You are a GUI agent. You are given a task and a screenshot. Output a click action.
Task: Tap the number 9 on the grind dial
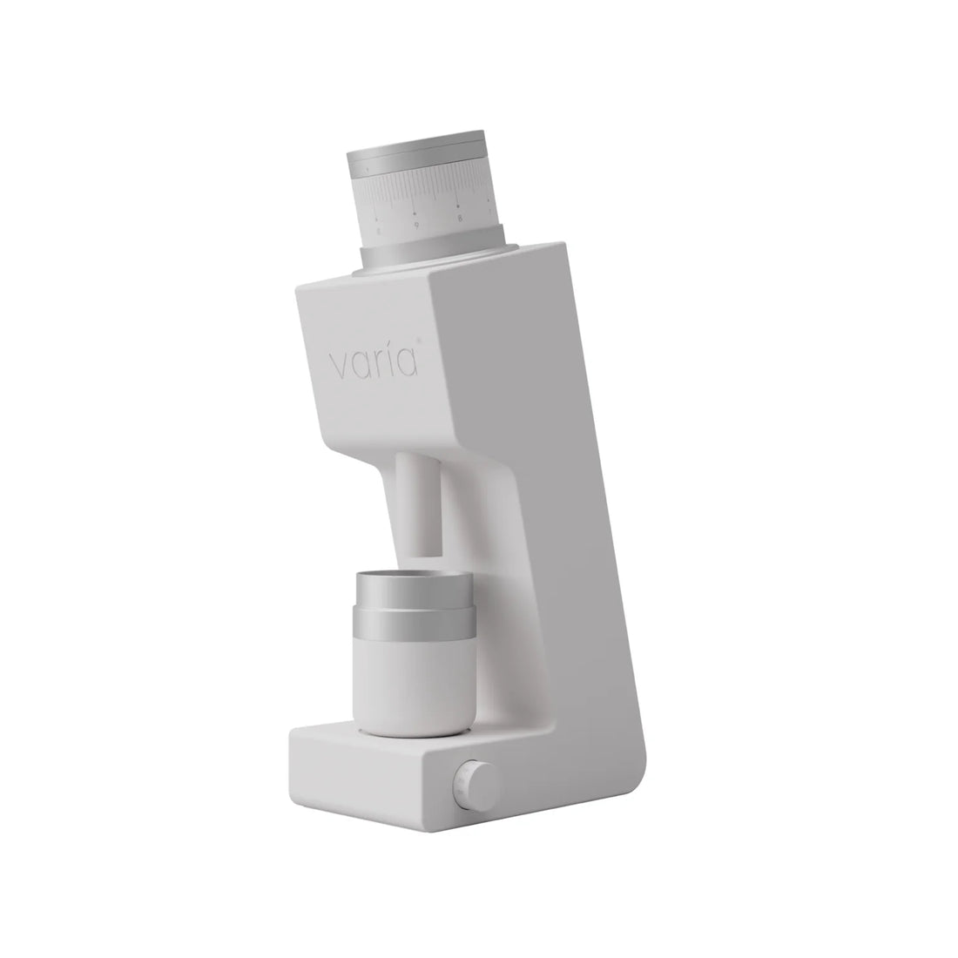click(x=416, y=225)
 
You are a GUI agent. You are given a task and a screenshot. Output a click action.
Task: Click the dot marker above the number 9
click(x=415, y=212)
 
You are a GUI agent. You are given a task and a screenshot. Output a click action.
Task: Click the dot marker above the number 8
click(x=458, y=206)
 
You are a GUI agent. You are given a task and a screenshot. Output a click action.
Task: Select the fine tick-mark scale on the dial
click(x=427, y=193)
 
